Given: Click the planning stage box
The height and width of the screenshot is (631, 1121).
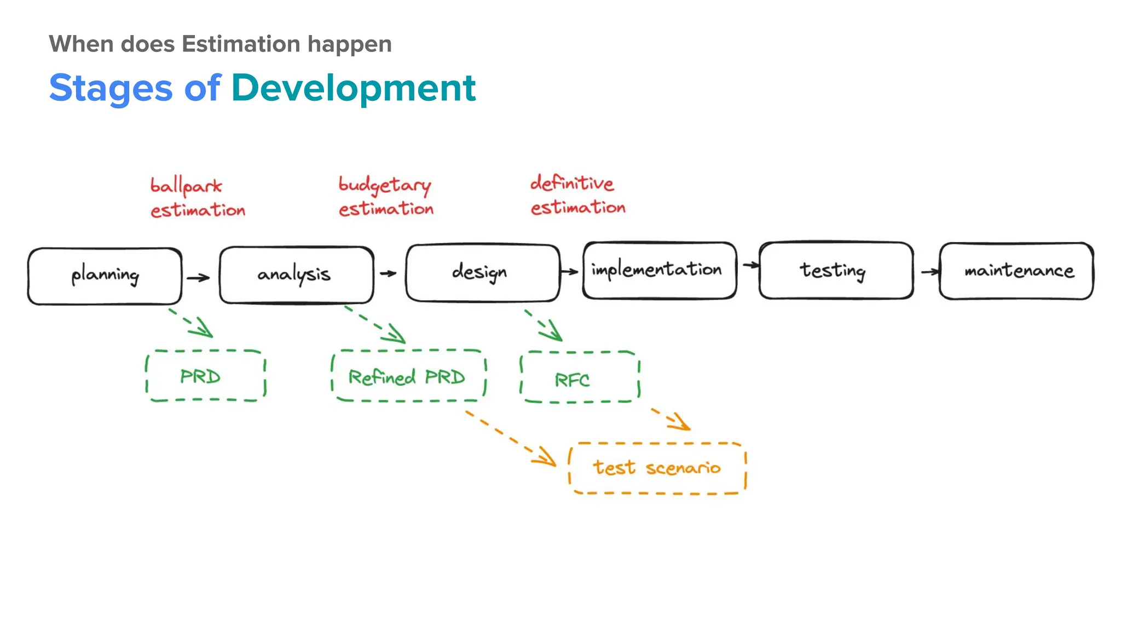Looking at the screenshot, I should tap(105, 276).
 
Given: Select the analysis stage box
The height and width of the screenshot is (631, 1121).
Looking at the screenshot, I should tap(296, 274).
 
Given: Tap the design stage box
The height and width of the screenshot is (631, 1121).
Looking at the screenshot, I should tap(482, 272).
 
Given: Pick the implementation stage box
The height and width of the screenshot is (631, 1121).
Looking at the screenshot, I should tap(659, 270).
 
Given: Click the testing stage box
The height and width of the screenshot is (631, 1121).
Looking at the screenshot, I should tap(835, 270).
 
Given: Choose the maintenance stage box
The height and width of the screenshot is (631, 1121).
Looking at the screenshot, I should tap(1016, 271).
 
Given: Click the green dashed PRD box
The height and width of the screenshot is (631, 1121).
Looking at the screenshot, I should tap(205, 376).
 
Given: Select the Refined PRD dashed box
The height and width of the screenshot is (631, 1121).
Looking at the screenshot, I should tap(408, 376).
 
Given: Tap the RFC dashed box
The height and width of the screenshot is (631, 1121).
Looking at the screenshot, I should tap(579, 378).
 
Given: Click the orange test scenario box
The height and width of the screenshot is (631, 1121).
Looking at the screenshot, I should tap(657, 468).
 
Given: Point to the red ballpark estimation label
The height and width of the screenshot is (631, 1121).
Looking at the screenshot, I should tap(197, 198).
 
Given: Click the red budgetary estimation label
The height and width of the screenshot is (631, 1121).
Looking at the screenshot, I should tap(385, 196).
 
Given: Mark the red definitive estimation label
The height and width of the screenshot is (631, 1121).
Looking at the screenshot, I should tap(577, 195).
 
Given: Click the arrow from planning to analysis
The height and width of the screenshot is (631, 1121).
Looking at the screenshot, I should tap(198, 278).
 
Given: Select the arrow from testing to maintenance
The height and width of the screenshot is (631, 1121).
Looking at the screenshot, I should tap(929, 272).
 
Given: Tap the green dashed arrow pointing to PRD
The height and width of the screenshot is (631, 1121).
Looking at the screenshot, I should tap(190, 323).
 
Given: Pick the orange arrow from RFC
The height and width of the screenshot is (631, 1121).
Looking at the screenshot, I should tap(671, 418).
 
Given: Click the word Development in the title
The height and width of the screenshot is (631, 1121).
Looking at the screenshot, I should tap(353, 88).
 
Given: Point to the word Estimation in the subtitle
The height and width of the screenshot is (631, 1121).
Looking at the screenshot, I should tap(241, 44).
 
